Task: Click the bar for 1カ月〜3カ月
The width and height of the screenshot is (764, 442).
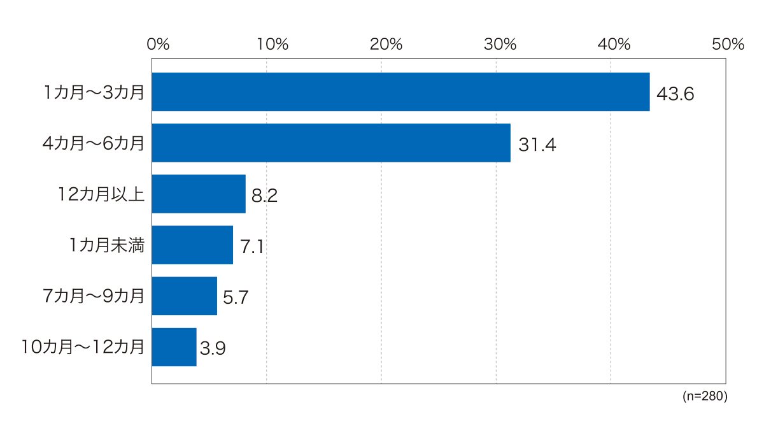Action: (400, 92)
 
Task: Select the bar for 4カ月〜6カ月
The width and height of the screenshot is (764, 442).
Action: (331, 143)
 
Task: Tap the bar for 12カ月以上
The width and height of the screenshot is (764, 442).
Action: (199, 194)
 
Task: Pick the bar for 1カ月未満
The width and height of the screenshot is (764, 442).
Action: (192, 245)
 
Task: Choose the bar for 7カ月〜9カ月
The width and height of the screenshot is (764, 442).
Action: (185, 296)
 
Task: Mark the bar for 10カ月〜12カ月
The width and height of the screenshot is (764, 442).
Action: (174, 347)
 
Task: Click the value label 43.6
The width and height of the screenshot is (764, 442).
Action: (676, 94)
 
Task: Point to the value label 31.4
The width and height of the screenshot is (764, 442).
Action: (537, 145)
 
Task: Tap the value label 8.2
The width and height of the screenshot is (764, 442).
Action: (264, 196)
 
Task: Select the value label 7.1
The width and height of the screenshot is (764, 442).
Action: (251, 246)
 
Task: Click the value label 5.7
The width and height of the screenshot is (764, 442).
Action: (236, 297)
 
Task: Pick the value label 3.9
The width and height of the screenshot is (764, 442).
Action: (213, 348)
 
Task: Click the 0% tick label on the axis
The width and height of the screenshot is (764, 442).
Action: (158, 44)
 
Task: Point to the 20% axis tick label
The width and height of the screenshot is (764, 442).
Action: (386, 44)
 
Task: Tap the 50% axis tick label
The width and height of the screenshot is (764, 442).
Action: (728, 44)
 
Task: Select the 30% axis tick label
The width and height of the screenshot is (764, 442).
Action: (500, 44)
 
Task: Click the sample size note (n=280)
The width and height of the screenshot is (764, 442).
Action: (705, 396)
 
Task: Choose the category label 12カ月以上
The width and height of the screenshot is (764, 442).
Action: (101, 194)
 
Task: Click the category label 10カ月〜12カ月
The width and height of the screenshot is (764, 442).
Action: (83, 346)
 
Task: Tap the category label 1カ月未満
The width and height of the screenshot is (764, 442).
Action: (107, 245)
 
